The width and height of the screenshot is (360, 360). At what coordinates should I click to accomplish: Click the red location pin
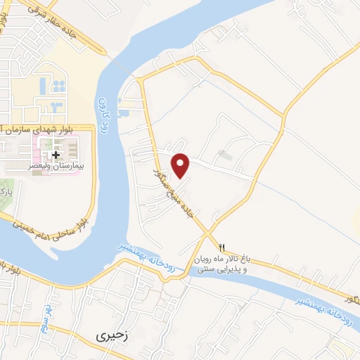coord(181,165)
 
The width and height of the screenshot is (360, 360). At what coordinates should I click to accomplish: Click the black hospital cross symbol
coord(56,155)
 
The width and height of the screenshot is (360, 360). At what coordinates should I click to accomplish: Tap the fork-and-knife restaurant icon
coord(222,247)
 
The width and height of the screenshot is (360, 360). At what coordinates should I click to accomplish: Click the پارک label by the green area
coord(5,190)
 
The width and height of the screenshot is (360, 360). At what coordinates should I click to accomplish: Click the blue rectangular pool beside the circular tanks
coord(42,86)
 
